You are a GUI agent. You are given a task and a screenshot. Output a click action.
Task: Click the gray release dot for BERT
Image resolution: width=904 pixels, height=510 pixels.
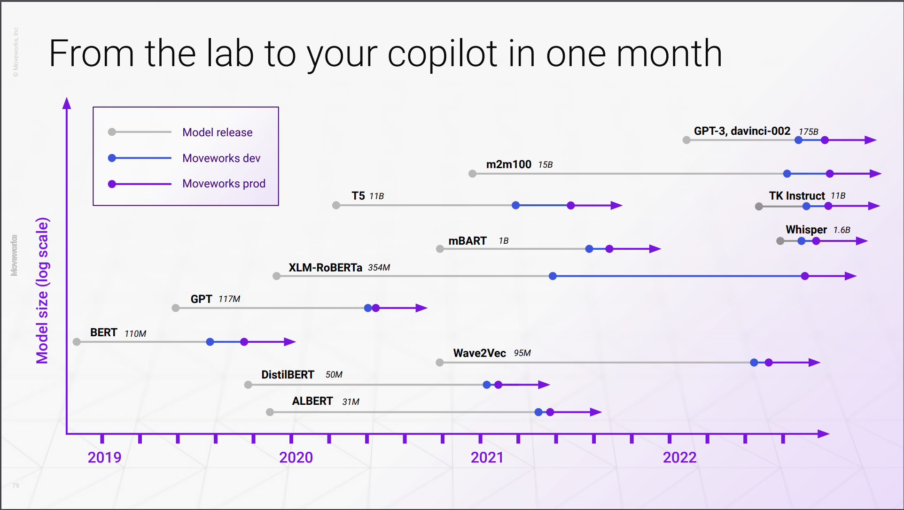tap(77, 342)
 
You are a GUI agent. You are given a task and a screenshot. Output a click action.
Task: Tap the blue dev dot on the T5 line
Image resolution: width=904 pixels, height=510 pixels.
tap(515, 205)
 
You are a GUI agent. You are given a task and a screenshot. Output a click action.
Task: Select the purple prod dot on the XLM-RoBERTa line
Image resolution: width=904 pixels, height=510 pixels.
tap(805, 276)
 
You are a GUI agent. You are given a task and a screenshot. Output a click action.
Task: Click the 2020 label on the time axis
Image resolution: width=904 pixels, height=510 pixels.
tap(296, 457)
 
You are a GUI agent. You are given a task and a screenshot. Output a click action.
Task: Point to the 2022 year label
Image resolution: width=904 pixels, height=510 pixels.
tap(679, 457)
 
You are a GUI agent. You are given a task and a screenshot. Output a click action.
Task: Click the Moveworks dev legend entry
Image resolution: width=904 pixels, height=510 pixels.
tap(221, 158)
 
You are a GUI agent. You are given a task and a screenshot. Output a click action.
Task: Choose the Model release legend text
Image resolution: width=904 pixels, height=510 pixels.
tap(217, 132)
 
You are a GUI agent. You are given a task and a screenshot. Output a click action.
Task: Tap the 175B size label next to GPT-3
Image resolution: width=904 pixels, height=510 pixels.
tap(808, 132)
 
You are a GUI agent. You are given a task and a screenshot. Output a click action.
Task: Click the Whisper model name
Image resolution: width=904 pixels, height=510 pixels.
tap(806, 230)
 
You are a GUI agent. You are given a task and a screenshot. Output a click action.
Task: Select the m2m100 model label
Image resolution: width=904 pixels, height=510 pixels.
tap(508, 164)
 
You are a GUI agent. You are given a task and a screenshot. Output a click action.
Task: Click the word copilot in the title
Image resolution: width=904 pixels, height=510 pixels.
tap(442, 54)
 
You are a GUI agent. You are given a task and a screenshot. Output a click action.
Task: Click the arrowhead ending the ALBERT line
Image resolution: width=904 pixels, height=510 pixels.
tap(596, 412)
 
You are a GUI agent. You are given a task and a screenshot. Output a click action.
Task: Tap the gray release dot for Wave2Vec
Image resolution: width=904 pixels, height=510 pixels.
tap(440, 363)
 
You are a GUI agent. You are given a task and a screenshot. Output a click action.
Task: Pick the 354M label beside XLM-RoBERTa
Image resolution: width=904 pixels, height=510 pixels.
tap(379, 268)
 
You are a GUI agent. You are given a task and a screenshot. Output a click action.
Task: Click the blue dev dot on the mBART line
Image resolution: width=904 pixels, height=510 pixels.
tap(589, 249)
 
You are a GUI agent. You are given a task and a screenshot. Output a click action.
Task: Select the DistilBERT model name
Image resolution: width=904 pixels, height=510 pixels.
tap(288, 375)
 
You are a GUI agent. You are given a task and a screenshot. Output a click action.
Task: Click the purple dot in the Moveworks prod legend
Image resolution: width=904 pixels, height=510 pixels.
tap(112, 184)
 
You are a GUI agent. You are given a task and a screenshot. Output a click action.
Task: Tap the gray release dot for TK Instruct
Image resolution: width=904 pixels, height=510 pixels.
tap(759, 207)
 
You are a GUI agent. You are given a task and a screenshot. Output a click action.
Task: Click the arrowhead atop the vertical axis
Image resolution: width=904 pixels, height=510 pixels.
tap(67, 103)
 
